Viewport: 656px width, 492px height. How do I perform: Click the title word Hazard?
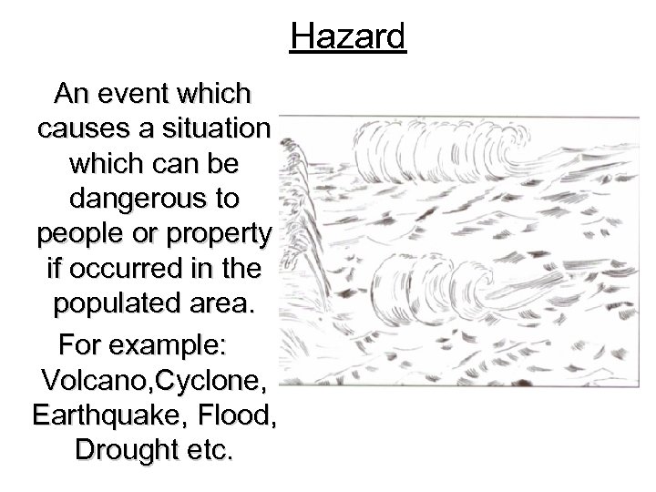tap(348, 38)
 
